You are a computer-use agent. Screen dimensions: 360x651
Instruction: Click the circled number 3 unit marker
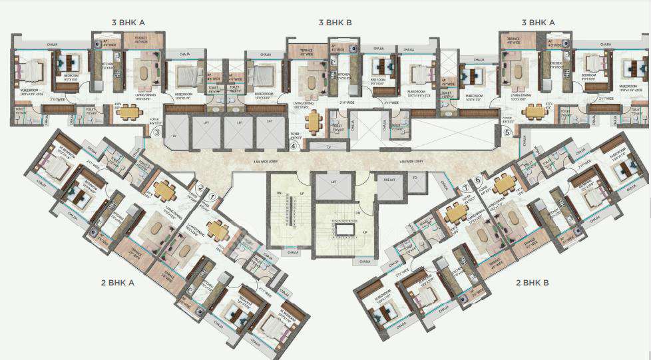156,132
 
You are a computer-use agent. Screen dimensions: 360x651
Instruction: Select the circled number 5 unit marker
507,132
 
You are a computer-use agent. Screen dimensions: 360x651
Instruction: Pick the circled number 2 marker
200,188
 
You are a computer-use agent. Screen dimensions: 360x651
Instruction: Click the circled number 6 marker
478,180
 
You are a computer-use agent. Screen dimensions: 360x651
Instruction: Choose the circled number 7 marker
466,190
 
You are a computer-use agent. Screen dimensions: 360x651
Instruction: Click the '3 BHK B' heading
335,23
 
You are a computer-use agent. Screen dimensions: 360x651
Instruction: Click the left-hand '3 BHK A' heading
128,23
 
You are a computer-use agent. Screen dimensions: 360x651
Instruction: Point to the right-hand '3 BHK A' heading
538,23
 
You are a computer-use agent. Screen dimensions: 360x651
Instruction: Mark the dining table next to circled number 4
314,122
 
